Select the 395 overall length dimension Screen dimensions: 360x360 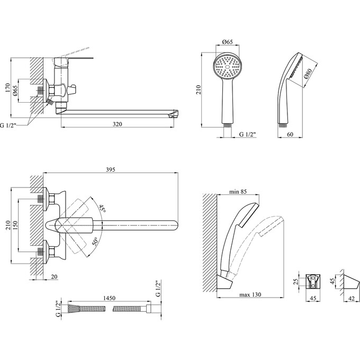110,169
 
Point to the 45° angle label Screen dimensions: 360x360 101,209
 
